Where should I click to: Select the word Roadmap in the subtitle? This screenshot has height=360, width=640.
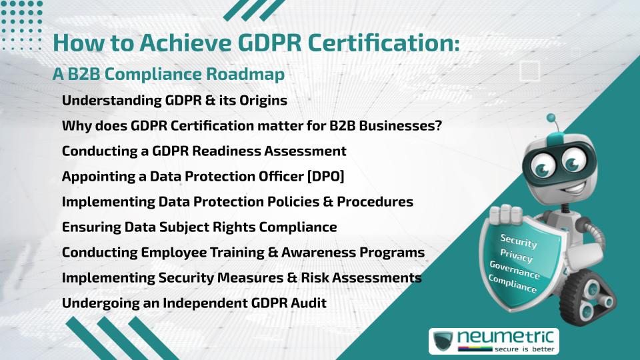click(x=245, y=74)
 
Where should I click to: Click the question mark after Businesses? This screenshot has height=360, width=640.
click(x=439, y=125)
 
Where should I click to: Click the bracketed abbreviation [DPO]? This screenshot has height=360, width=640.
click(x=326, y=176)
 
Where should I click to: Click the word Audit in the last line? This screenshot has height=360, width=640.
click(x=308, y=303)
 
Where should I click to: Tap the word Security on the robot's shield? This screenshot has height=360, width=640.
click(x=519, y=241)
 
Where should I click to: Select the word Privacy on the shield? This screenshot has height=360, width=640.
click(x=516, y=255)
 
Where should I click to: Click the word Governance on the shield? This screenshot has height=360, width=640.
click(x=514, y=269)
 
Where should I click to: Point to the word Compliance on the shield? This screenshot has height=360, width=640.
click(x=512, y=284)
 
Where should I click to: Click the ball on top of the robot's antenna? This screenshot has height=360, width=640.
click(x=551, y=118)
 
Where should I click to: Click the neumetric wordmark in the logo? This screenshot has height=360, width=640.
click(x=505, y=337)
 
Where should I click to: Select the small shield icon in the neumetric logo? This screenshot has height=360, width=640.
click(x=443, y=341)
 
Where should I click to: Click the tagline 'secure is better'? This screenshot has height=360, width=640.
click(x=525, y=349)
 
